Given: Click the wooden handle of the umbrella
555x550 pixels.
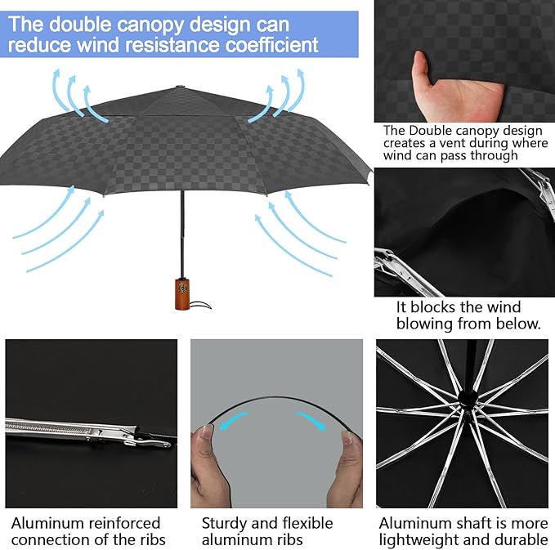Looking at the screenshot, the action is click(182, 293).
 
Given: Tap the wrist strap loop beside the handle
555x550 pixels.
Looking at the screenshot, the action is click(200, 305).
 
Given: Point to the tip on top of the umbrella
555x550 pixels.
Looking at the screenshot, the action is click(181, 87).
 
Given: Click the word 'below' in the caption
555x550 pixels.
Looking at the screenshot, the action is click(517, 323).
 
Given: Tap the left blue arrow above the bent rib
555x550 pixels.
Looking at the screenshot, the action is click(233, 419).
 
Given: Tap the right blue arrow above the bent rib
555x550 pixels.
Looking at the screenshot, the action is click(310, 420).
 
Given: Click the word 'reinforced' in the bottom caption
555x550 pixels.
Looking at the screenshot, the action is click(124, 523).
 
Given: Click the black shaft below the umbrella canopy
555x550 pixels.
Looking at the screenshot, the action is click(182, 235).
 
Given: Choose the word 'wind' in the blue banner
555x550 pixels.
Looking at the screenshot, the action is click(97, 45).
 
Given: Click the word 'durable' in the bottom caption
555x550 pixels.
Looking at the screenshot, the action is click(517, 540).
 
